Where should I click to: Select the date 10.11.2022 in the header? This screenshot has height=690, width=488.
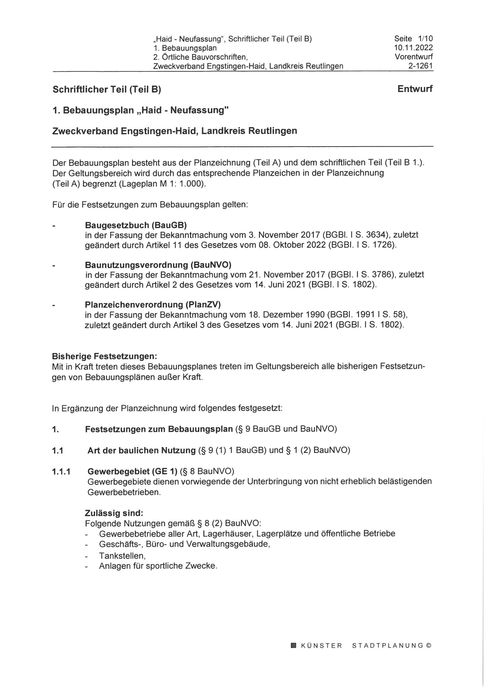[x=413, y=48]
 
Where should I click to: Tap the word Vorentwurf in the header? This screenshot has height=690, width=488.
[x=414, y=57]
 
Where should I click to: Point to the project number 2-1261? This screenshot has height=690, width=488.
[x=420, y=66]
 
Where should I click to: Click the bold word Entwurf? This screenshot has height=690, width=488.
[x=415, y=89]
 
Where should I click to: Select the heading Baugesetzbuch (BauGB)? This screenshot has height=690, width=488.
[x=136, y=225]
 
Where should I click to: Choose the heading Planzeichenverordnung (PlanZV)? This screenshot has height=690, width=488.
[x=153, y=305]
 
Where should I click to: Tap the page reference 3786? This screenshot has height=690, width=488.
[x=381, y=275]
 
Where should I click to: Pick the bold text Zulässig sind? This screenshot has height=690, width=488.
[x=114, y=512]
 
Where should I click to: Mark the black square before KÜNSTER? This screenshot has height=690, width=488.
[x=294, y=645]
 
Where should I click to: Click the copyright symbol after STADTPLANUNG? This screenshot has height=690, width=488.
[x=428, y=645]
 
